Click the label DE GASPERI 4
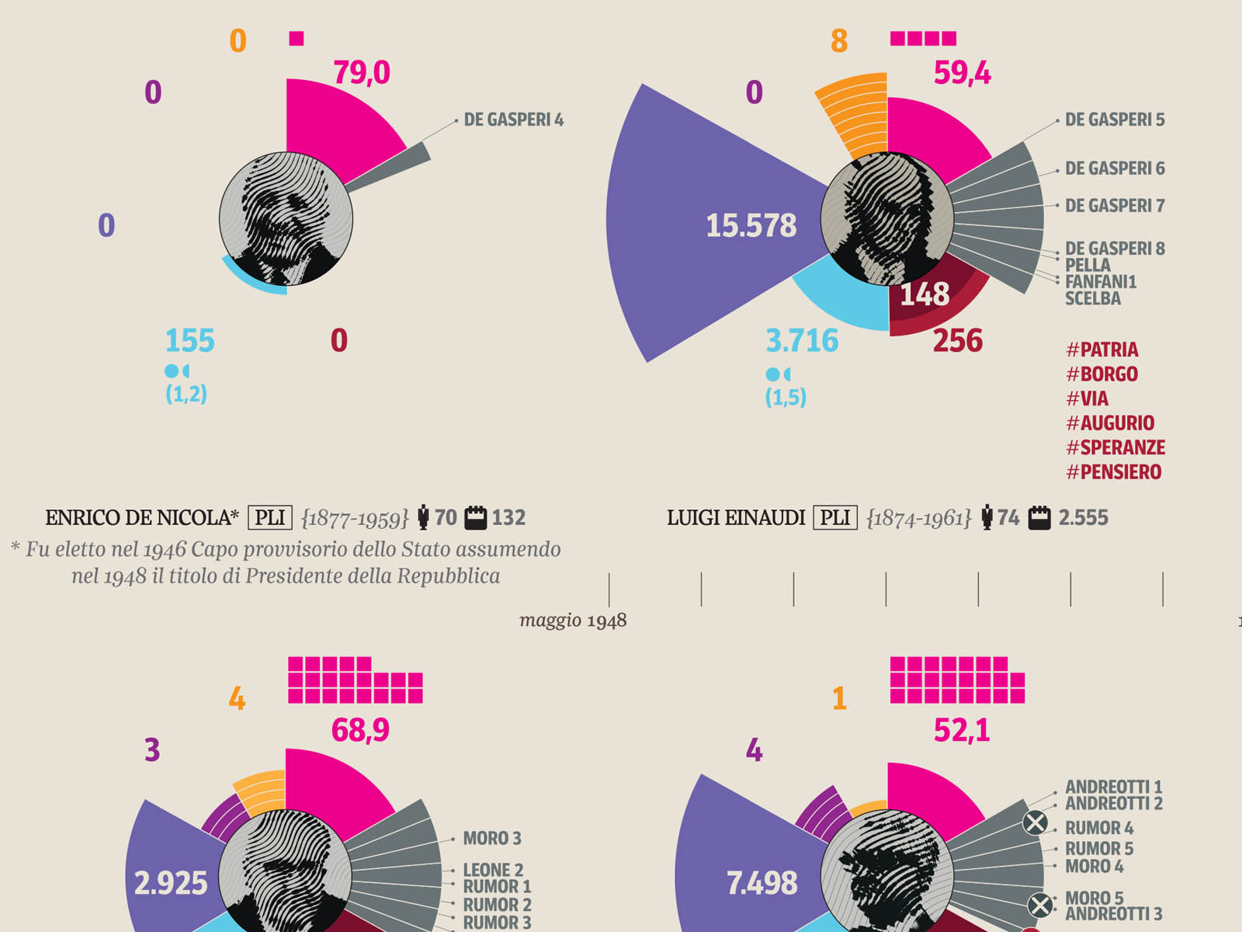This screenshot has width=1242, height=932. point(513,120)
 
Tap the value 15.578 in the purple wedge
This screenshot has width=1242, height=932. point(751,226)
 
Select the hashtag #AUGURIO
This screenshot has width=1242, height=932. point(1110,423)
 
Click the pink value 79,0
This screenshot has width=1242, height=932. point(362,73)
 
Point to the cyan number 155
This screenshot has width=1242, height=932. point(189,341)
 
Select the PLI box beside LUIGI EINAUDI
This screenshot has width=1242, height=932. point(835,518)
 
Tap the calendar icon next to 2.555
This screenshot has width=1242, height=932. point(1039,518)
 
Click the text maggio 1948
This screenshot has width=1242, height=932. point(573,621)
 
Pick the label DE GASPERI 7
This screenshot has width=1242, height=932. point(1115,206)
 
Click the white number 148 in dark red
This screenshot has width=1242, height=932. point(925,294)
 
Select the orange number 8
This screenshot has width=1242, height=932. point(839,41)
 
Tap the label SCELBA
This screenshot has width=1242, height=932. point(1092,299)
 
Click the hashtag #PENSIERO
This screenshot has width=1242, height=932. point(1114,472)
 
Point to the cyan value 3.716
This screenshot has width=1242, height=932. point(802,341)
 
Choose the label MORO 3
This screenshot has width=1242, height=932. point(492,839)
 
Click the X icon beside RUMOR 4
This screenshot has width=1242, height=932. point(1035,822)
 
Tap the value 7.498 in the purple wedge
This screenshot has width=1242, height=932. point(762,883)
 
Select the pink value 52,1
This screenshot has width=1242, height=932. point(962,731)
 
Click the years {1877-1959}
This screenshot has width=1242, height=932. point(355,518)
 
